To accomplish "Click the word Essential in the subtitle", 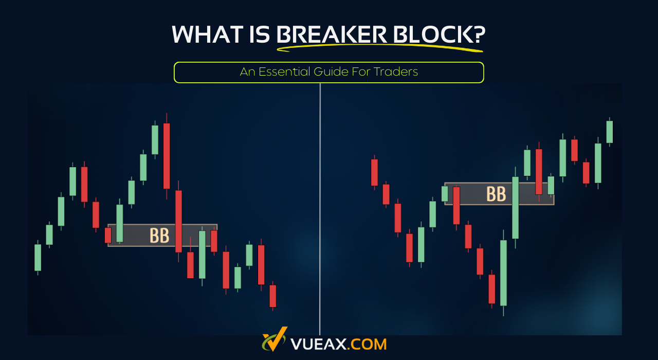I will (285, 72).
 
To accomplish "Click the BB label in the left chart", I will (159, 236).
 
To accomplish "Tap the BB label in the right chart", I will (496, 194).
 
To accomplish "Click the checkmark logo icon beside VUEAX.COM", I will (275, 340).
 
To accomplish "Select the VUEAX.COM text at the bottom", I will (338, 344).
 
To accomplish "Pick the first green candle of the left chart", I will (38, 257).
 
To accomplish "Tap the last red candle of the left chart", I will (273, 296).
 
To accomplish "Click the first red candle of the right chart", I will (374, 172).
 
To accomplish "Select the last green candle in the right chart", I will (610, 132).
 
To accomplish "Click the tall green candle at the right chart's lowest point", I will (504, 273).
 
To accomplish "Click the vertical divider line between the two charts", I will (320, 206).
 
